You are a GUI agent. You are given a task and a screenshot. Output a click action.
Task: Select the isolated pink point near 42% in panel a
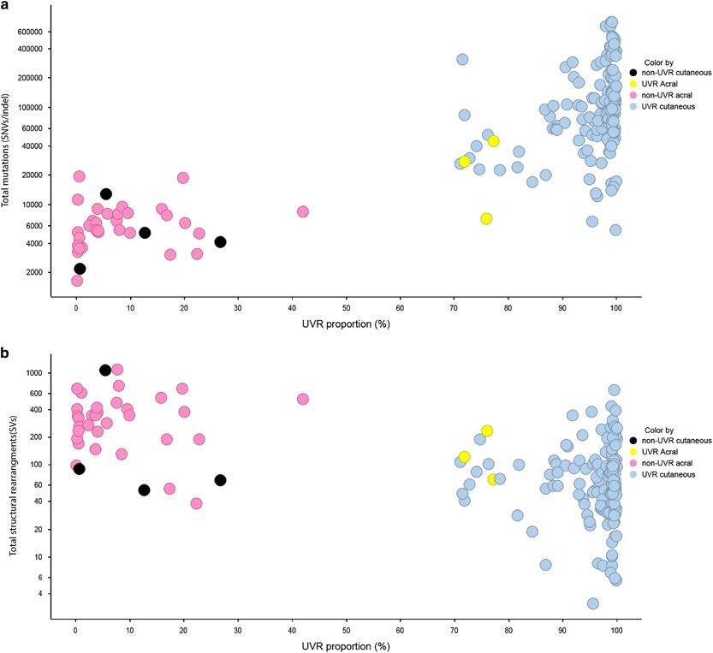302,211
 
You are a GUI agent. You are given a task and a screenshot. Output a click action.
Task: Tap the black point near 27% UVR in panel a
220,242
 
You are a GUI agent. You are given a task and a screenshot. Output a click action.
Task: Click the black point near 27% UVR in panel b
220,480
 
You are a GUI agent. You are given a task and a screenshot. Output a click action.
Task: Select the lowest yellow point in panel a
486,218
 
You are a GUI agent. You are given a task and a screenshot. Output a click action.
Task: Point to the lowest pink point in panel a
77,280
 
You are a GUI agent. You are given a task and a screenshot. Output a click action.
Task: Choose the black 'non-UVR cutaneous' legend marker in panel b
634,440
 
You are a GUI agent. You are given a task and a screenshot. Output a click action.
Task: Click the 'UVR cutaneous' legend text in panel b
671,474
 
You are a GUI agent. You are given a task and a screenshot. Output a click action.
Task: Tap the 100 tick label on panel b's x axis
615,633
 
